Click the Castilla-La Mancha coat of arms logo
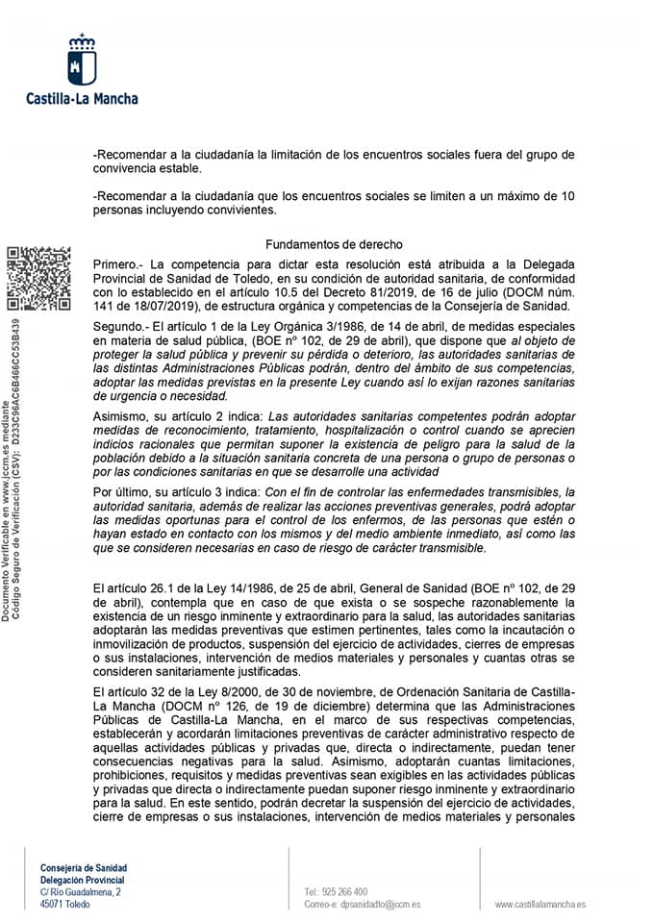(x=82, y=60)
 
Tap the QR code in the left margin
(x=38, y=279)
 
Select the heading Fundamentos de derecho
(x=334, y=245)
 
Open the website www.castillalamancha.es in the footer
(x=540, y=905)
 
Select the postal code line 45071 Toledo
(x=66, y=905)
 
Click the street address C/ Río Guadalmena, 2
(x=81, y=892)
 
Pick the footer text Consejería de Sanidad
(x=84, y=867)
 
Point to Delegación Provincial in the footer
(x=83, y=880)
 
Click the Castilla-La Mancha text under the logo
(x=82, y=98)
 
